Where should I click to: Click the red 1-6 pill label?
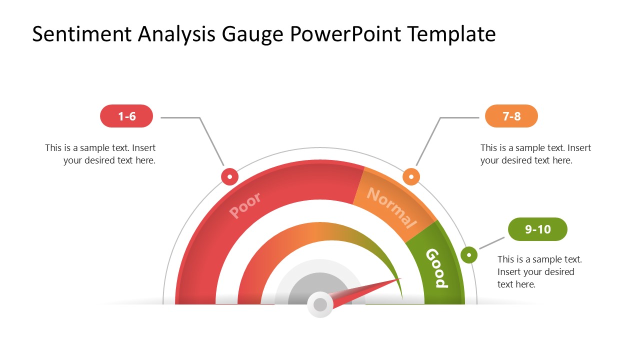[126, 116]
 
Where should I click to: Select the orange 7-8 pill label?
[511, 116]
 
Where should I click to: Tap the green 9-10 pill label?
[537, 229]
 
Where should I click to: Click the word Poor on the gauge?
[245, 205]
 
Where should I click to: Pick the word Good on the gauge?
[437, 268]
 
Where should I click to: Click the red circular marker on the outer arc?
[229, 176]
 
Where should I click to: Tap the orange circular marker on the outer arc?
[411, 176]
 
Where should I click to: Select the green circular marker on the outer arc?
[469, 255]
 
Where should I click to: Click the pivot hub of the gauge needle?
[320, 304]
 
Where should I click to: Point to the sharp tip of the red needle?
[401, 278]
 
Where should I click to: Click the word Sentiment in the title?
[81, 34]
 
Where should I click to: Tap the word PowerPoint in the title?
[345, 34]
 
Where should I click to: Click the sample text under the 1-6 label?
[100, 154]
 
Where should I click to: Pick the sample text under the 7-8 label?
[535, 154]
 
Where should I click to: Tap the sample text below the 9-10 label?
[539, 271]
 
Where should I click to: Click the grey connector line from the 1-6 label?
[199, 117]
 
